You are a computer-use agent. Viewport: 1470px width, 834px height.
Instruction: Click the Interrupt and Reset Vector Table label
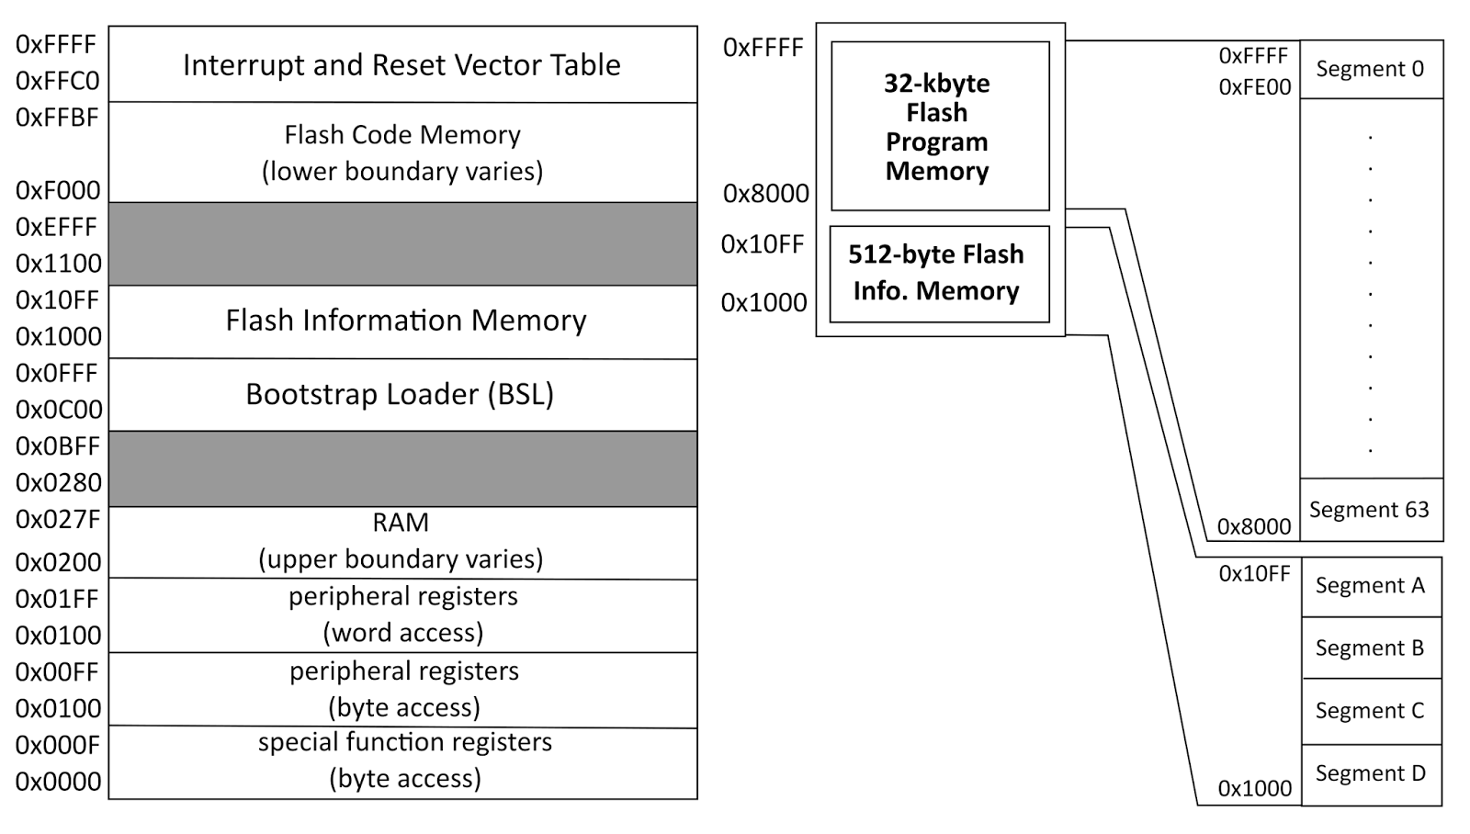click(401, 65)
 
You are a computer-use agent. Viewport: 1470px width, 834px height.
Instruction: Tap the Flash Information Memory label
click(405, 320)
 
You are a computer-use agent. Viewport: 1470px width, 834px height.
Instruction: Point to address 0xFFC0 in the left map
click(57, 81)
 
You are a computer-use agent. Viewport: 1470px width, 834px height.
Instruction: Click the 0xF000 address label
click(57, 190)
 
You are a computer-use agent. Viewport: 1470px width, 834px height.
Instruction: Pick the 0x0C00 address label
click(59, 410)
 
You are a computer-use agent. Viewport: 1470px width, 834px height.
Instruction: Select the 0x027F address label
click(57, 520)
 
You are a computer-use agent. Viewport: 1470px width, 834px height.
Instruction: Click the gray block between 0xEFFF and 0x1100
click(402, 243)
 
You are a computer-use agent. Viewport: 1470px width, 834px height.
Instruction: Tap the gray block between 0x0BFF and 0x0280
click(402, 468)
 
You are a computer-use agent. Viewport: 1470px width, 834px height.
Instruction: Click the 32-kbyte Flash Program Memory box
click(939, 127)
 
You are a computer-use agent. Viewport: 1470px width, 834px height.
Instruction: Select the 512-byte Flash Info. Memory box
click(938, 273)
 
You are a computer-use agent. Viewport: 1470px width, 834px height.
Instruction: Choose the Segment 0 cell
click(1370, 69)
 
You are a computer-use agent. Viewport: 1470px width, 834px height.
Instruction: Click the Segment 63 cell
click(1369, 510)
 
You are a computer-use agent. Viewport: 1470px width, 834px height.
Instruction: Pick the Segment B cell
click(1369, 648)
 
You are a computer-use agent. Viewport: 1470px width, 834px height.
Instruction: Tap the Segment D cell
click(1370, 773)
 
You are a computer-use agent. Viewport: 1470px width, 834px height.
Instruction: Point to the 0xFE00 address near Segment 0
click(1254, 87)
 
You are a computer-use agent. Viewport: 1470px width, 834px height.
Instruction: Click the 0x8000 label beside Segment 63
click(1253, 527)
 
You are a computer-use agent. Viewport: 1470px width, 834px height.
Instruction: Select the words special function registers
click(404, 742)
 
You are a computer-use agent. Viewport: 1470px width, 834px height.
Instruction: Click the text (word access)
click(402, 633)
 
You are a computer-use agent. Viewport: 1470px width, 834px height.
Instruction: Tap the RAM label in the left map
click(401, 523)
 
